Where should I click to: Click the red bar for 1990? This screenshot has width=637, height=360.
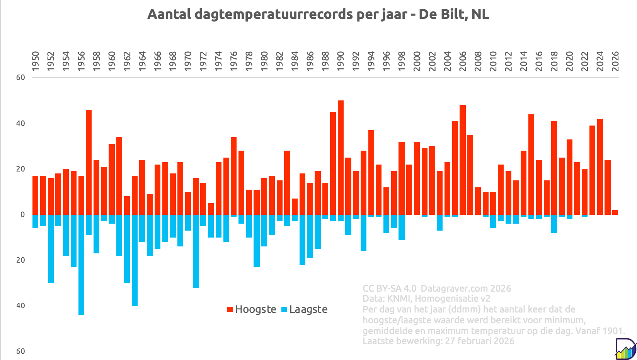click(x=341, y=157)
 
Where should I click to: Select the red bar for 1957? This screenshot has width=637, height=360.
click(x=89, y=162)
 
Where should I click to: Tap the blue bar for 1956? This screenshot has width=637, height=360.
click(x=81, y=265)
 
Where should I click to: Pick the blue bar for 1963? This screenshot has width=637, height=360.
click(x=135, y=260)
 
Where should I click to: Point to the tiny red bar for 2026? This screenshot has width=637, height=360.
click(x=615, y=212)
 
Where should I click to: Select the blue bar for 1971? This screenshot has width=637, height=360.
click(x=196, y=251)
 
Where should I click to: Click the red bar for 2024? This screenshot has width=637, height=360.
click(x=600, y=166)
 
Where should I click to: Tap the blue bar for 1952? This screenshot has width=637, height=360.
click(x=51, y=249)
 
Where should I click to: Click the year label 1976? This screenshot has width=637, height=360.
click(x=234, y=61)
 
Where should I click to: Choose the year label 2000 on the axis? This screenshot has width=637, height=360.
click(x=417, y=61)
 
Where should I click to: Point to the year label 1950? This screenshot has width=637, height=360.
click(x=36, y=61)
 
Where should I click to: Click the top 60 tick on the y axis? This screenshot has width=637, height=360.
click(x=20, y=78)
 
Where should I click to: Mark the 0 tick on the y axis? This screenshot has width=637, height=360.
click(x=23, y=215)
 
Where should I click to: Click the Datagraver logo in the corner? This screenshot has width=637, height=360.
click(x=625, y=349)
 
